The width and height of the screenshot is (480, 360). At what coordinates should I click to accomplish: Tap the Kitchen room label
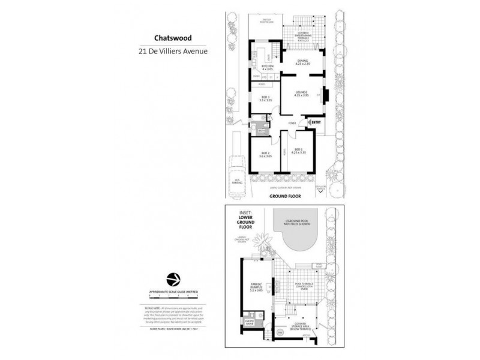pos(267,67)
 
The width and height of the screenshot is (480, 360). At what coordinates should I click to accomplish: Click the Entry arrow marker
pos(313,122)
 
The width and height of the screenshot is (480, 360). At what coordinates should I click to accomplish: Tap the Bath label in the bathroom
pos(262,131)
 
